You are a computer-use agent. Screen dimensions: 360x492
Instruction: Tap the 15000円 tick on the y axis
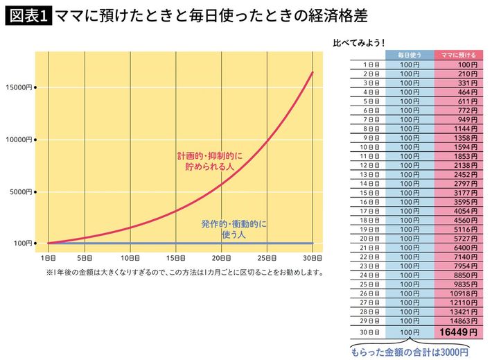(x=19, y=87)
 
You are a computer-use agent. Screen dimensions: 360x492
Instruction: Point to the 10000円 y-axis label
(x=19, y=139)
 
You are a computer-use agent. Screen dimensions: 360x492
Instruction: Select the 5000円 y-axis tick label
(x=20, y=191)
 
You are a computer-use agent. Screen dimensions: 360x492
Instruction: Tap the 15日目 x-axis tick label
(x=177, y=258)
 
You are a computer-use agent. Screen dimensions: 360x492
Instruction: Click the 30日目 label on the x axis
(x=312, y=258)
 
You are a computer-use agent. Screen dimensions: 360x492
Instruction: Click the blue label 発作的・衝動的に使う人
(x=234, y=230)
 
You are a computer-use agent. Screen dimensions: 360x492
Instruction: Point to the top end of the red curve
(x=313, y=72)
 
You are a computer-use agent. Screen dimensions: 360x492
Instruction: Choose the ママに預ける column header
(x=457, y=55)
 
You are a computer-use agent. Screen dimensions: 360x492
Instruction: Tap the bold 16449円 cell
(x=458, y=333)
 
